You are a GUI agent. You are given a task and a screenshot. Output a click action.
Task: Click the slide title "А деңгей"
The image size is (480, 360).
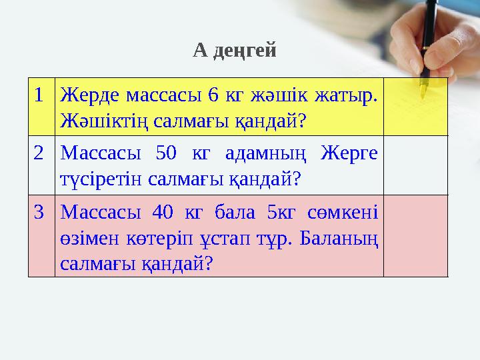coord(234,50)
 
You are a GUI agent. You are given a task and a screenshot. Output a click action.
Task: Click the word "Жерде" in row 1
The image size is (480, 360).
coord(86,95)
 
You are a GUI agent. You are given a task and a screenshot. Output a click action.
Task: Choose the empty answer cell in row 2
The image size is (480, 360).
coord(415,165)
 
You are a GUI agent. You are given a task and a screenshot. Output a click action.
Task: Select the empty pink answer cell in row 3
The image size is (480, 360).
coord(415,235)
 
